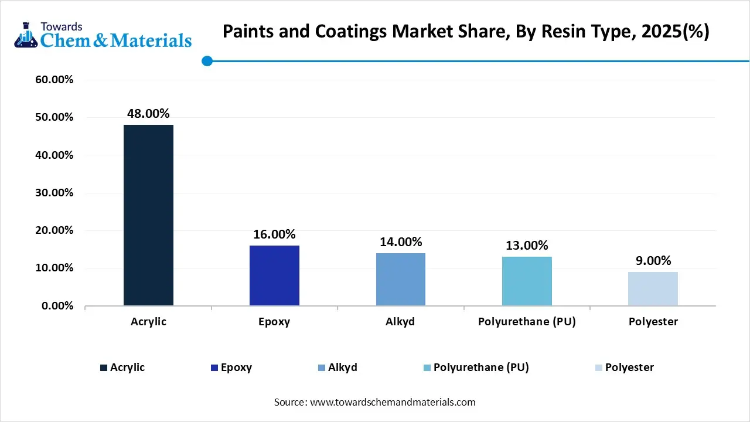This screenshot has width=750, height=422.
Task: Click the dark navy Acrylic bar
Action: (148, 215)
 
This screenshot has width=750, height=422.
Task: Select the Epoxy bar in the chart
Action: (274, 275)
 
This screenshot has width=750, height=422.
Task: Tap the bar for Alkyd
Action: (401, 279)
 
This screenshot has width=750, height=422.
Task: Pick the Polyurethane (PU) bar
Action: (527, 281)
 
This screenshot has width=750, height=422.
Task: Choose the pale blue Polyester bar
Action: (653, 288)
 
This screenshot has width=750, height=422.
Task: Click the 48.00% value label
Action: (148, 114)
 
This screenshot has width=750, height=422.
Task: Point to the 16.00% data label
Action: (274, 234)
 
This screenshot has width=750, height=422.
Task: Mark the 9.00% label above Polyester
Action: (653, 261)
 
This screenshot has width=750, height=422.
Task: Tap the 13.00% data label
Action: (527, 246)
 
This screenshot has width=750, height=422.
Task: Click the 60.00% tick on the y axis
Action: (54, 80)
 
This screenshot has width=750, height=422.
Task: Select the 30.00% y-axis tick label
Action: (54, 193)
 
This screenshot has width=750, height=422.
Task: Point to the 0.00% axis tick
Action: (57, 306)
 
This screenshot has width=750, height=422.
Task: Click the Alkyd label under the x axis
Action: (401, 322)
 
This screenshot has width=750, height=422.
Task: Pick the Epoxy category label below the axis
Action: (274, 322)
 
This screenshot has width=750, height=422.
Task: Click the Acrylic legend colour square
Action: (104, 367)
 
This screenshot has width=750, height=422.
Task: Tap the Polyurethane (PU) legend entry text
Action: (481, 367)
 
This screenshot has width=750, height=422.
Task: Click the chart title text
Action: (466, 32)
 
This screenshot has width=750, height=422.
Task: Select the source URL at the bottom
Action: (392, 402)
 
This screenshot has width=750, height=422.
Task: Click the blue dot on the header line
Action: (207, 61)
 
